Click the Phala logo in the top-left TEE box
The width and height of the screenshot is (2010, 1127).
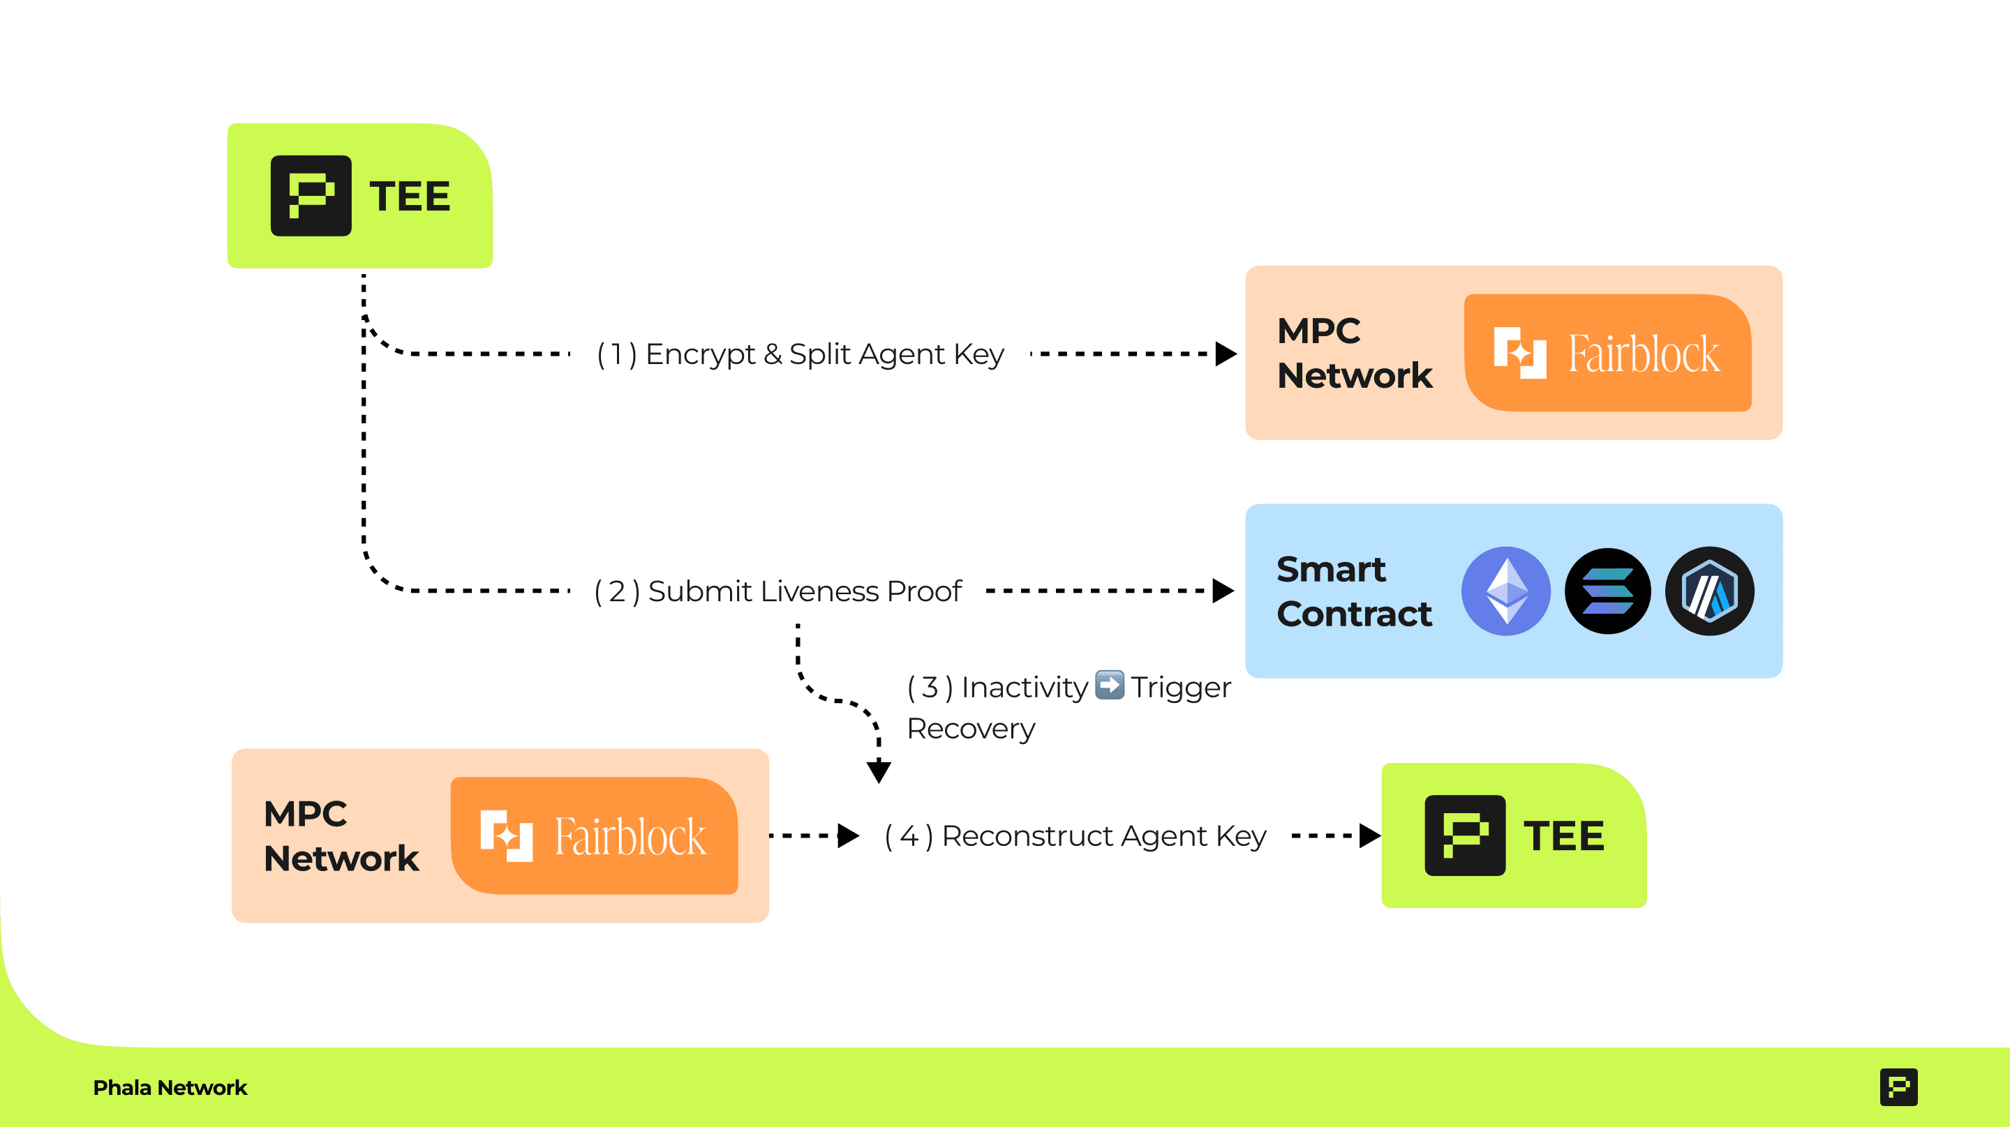coord(311,195)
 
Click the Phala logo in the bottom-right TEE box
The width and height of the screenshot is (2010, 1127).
coord(1465,835)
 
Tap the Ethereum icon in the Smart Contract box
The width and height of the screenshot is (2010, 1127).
coord(1505,591)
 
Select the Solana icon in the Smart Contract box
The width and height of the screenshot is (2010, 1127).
coord(1607,591)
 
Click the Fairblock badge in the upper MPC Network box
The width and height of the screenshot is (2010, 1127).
coord(1607,352)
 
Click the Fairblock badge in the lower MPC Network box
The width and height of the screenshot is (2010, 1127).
coord(594,835)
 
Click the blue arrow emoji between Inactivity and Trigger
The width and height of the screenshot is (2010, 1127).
coord(1110,686)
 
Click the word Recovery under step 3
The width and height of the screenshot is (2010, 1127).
coord(971,729)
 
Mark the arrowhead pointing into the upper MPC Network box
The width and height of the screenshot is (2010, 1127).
coord(1226,354)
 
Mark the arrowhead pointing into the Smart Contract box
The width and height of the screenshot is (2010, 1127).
coord(1223,591)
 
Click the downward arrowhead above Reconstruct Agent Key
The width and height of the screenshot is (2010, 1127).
coord(879,771)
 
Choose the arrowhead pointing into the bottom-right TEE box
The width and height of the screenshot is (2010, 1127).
coord(1369,836)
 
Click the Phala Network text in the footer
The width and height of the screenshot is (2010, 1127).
coord(170,1087)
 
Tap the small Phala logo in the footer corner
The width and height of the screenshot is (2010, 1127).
coord(1898,1087)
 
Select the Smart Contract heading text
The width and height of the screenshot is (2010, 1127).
coord(1354,591)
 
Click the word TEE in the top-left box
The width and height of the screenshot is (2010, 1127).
coord(410,196)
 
